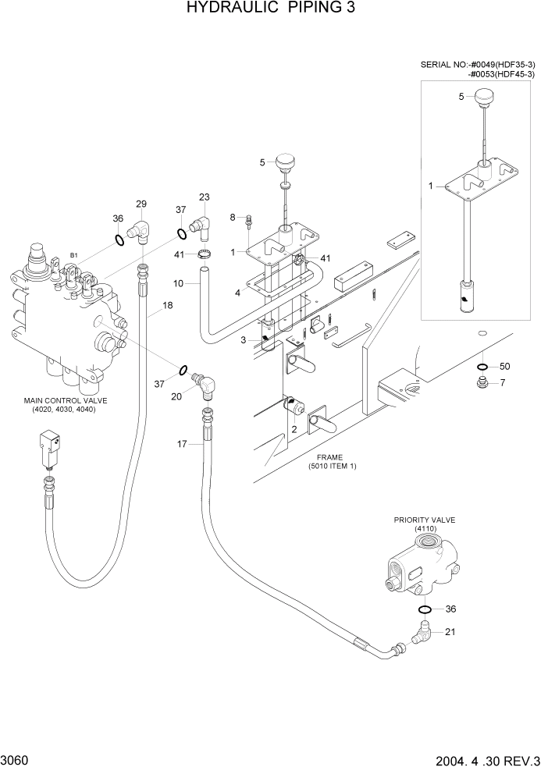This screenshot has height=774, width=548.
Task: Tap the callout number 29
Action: pyautogui.click(x=141, y=204)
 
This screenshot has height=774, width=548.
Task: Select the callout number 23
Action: pyautogui.click(x=205, y=197)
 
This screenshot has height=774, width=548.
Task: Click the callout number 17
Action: pyautogui.click(x=181, y=444)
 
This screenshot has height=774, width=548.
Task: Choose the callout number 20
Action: pyautogui.click(x=176, y=396)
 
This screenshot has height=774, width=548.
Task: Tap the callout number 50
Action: pyautogui.click(x=504, y=366)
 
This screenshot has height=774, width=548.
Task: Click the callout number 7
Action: pyautogui.click(x=503, y=382)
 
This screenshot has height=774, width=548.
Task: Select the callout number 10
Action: pyautogui.click(x=178, y=283)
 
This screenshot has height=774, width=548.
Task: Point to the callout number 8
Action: pyautogui.click(x=232, y=216)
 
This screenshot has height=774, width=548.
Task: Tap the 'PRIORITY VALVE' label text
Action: pyautogui.click(x=424, y=520)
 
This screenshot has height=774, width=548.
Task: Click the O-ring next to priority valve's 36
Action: pyautogui.click(x=425, y=609)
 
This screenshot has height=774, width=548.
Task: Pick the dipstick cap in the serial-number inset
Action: pyautogui.click(x=488, y=98)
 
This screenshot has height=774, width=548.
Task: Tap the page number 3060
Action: pyautogui.click(x=15, y=760)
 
